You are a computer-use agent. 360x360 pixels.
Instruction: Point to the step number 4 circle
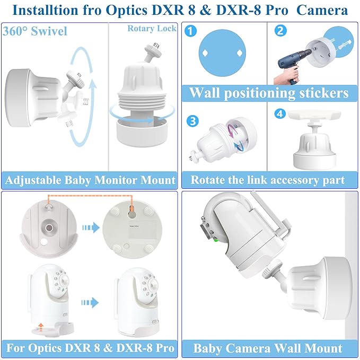point(280,114)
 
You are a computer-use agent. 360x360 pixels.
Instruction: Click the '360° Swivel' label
point(35,31)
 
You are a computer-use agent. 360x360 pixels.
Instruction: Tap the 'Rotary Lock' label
point(152,29)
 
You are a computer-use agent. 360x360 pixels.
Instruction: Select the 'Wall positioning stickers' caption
point(269,93)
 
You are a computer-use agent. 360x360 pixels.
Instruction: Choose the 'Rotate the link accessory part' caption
point(269,180)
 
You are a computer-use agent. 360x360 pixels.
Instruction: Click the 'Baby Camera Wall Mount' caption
point(268,348)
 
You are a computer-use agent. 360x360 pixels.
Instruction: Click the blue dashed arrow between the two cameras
point(91,303)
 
